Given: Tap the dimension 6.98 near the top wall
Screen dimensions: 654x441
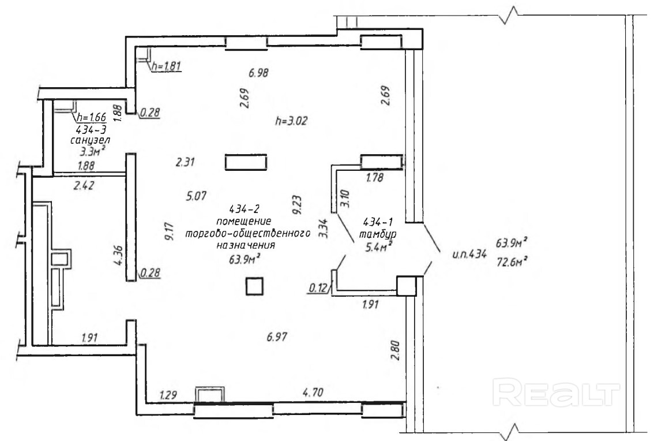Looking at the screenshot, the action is pos(260,73).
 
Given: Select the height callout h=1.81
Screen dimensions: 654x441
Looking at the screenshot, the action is pos(166,66).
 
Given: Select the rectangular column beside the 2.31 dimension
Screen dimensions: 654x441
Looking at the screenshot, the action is pos(246,162).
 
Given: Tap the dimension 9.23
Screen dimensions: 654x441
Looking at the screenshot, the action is pos(296,204).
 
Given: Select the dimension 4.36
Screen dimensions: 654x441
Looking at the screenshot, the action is pos(117,256).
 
